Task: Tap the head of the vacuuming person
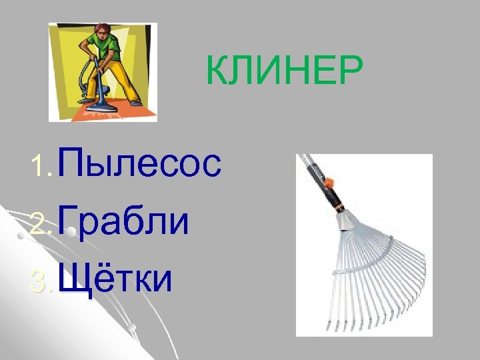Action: click(102, 30)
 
